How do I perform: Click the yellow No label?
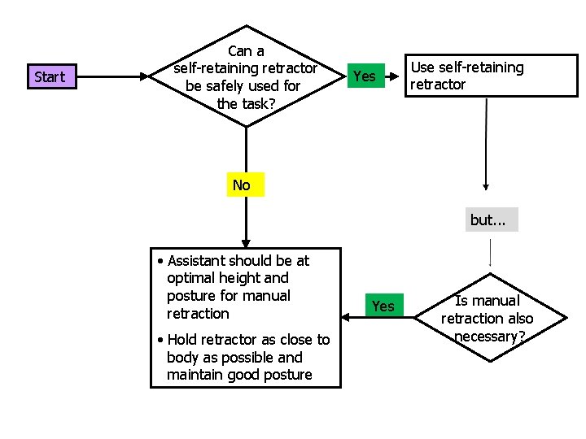click(x=242, y=185)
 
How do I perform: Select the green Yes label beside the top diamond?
click(x=365, y=76)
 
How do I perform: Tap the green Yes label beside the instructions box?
click(x=383, y=306)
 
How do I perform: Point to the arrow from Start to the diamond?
click(x=114, y=77)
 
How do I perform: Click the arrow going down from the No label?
click(x=246, y=219)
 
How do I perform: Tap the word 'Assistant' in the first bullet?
click(x=196, y=261)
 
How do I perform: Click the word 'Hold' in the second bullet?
click(x=183, y=340)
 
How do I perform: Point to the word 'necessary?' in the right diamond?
click(x=488, y=337)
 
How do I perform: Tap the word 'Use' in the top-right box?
click(x=422, y=67)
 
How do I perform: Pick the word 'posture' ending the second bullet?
click(x=284, y=375)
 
